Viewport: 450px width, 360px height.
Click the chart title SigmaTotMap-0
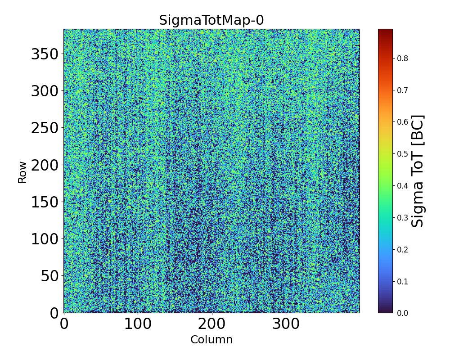[211, 21]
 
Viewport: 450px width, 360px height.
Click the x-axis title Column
[211, 340]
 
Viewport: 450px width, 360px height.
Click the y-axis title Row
[22, 172]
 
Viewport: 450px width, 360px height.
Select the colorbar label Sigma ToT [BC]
[418, 171]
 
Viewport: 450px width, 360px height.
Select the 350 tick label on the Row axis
[45, 54]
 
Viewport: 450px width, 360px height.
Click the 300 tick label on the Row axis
[45, 91]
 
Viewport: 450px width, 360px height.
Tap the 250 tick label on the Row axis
[45, 128]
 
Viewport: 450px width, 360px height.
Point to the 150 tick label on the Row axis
[45, 202]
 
